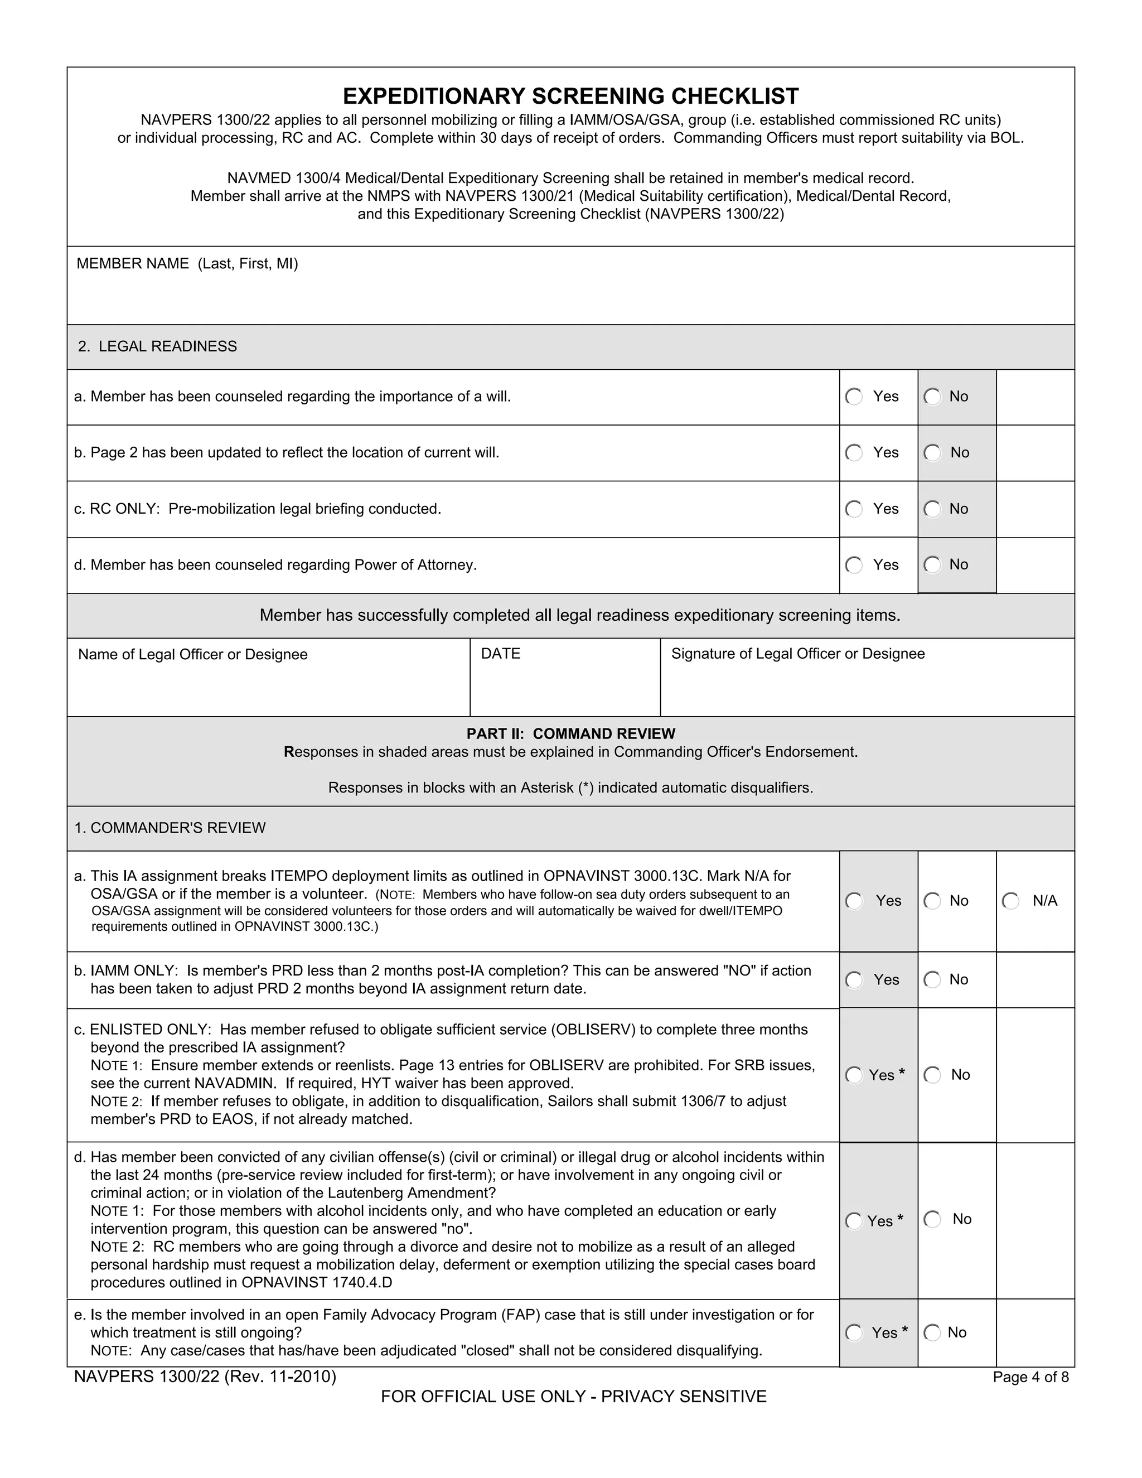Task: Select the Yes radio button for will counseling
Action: point(854,397)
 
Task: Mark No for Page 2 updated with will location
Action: point(933,453)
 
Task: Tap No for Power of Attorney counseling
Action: point(933,565)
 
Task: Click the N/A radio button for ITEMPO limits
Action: point(1011,901)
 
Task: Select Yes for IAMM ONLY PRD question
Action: point(854,980)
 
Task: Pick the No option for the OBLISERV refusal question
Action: point(933,1075)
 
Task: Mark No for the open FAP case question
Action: point(933,1332)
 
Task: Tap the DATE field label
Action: point(501,654)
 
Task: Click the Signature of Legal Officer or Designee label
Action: point(797,654)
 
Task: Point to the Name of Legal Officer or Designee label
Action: point(193,654)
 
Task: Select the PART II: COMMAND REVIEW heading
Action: point(570,733)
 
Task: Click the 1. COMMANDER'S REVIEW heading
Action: point(170,828)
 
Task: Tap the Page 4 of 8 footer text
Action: point(1030,1376)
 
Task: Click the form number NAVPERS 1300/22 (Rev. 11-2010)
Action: point(205,1376)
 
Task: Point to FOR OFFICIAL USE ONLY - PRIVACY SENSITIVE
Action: point(574,1397)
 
